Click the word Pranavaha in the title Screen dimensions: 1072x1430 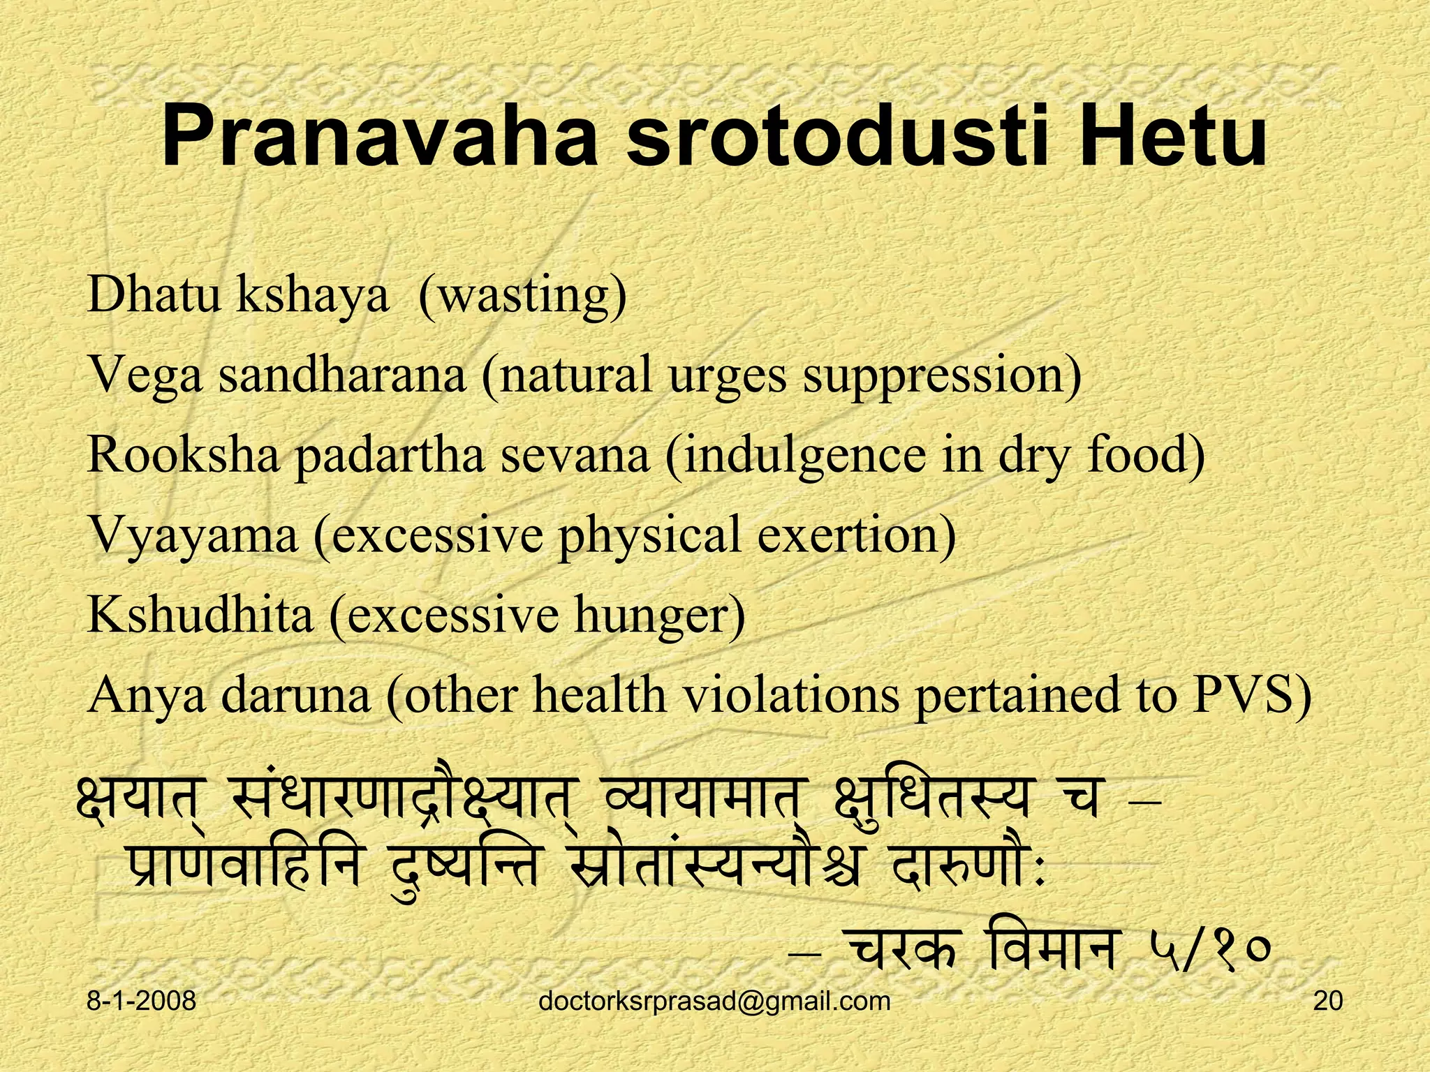pos(381,139)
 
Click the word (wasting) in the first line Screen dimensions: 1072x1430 pos(521,296)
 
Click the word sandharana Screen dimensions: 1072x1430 pos(342,375)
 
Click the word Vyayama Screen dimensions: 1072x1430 pos(193,536)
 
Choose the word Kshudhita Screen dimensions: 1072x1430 pos(200,616)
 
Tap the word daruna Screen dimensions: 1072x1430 pos(295,695)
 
